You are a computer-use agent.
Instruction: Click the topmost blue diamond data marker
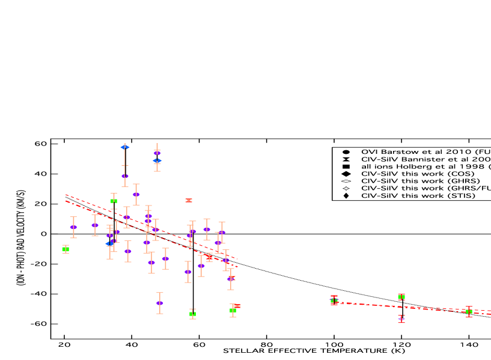coord(124,147)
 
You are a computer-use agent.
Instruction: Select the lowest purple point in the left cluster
coord(160,303)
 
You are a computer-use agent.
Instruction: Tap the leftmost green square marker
coord(66,248)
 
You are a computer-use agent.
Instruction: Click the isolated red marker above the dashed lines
coord(189,200)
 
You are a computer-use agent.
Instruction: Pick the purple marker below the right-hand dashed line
coord(401,319)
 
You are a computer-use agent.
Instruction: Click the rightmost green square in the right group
coord(469,311)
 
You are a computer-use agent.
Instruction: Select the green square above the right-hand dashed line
coord(401,297)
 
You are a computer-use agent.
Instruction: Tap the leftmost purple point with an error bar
coord(73,227)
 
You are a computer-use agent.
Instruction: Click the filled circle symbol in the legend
coord(346,152)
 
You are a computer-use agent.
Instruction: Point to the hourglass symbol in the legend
coord(346,159)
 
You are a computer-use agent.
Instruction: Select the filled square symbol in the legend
coord(346,166)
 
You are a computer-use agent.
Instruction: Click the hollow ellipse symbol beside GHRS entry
coord(346,181)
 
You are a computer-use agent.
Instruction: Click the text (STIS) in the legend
coord(462,195)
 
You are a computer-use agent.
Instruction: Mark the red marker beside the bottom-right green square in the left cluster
coord(237,306)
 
